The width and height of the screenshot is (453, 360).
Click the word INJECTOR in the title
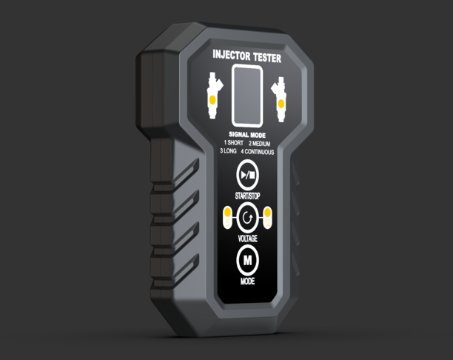pyautogui.click(x=231, y=55)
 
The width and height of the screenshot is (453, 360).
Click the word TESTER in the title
pyautogui.click(x=267, y=57)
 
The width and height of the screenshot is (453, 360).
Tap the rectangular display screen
pyautogui.click(x=247, y=96)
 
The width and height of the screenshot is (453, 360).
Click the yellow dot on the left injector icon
pyautogui.click(x=212, y=100)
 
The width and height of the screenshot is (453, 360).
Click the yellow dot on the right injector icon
pyautogui.click(x=281, y=104)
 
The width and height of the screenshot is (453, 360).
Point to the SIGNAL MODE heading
pyautogui.click(x=247, y=135)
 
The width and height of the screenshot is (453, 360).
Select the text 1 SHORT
pyautogui.click(x=234, y=143)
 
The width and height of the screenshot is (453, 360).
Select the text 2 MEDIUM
pyautogui.click(x=259, y=144)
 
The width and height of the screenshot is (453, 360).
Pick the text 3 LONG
pyautogui.click(x=228, y=151)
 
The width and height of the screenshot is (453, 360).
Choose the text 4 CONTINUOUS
pyautogui.click(x=258, y=152)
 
